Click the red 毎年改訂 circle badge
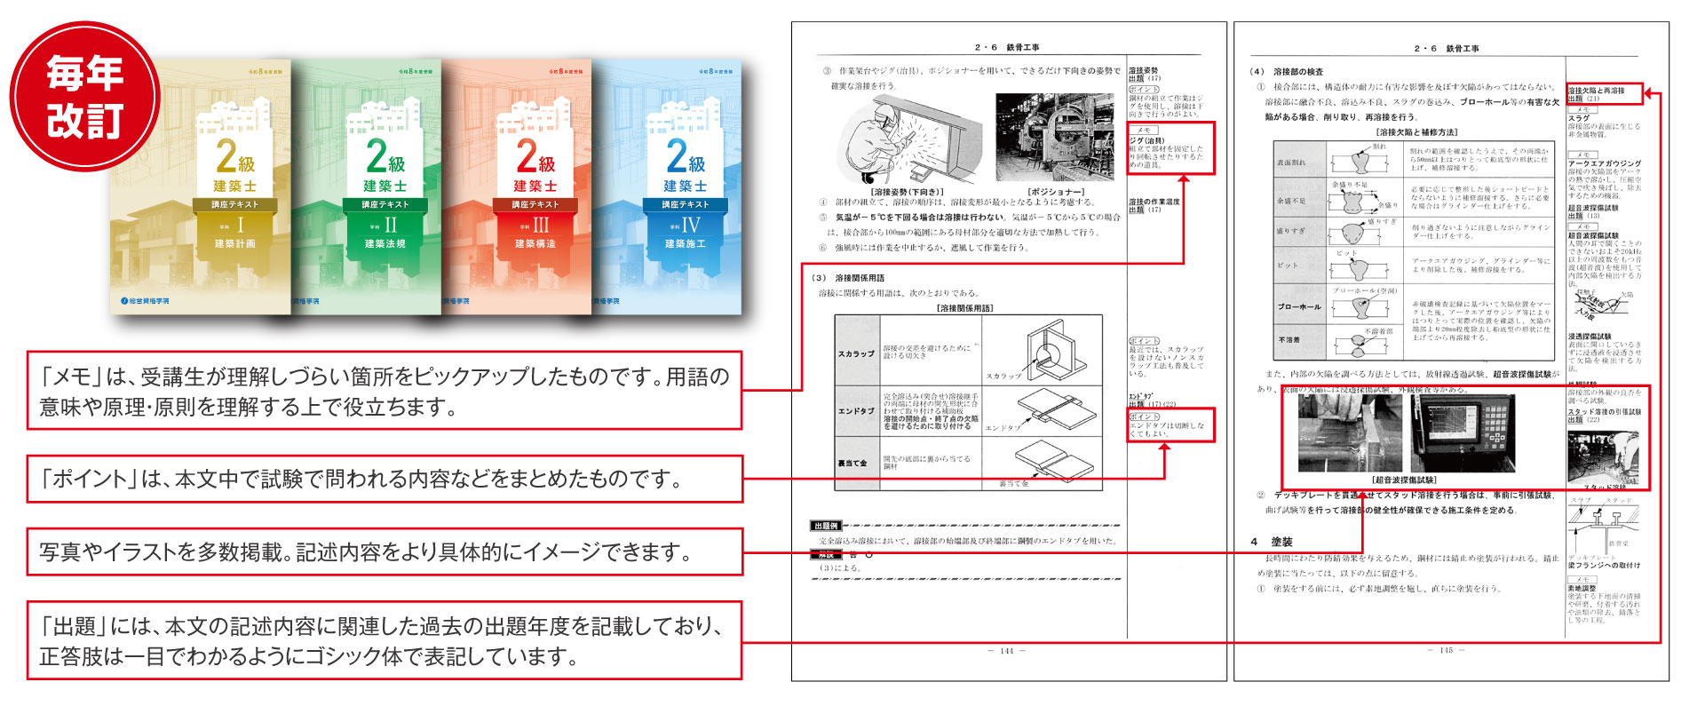point(84,96)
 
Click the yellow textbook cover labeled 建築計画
point(201,186)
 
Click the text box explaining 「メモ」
point(384,391)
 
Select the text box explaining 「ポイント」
point(384,479)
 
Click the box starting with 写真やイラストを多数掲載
point(384,551)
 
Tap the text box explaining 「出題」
point(384,641)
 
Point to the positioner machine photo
point(1054,138)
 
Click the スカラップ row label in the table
point(856,353)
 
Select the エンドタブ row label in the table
point(856,411)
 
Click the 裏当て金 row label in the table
point(853,464)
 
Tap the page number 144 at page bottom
point(1006,651)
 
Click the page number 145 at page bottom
point(1446,651)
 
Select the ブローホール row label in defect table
point(1299,307)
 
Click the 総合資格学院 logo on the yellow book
point(145,301)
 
